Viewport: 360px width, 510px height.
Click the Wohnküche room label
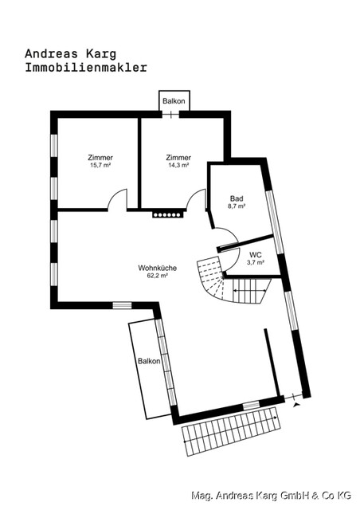click(157, 268)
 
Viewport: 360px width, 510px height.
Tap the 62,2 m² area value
click(157, 276)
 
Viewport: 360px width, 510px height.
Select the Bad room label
click(237, 198)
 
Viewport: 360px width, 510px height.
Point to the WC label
click(256, 254)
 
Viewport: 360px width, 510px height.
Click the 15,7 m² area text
click(100, 166)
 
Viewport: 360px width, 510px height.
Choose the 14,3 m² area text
click(178, 166)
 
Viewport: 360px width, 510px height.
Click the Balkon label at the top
click(174, 102)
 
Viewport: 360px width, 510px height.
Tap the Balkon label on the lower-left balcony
click(149, 361)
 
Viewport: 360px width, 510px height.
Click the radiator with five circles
click(168, 214)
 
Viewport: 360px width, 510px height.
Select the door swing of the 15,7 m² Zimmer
click(118, 199)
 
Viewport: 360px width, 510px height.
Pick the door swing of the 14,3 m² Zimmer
click(196, 201)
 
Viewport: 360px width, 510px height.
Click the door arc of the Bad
click(226, 237)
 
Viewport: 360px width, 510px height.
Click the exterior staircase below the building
click(231, 433)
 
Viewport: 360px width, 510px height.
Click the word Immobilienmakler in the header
click(86, 68)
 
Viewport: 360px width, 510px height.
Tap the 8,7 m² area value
click(237, 206)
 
